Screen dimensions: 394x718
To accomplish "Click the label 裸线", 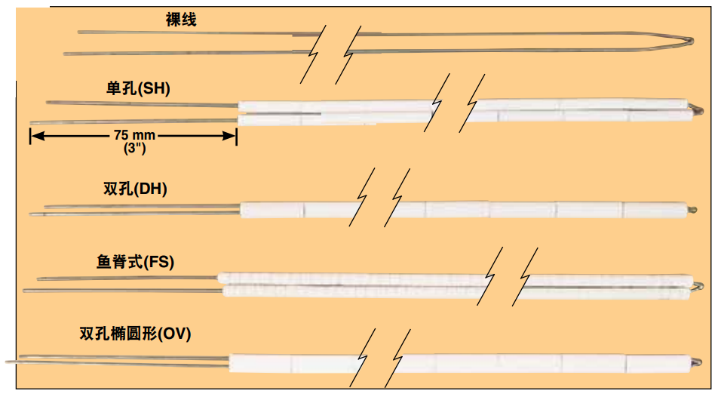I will pos(181,20).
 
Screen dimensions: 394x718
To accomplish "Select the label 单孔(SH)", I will pos(138,89).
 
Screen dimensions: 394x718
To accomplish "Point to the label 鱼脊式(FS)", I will pos(135,262).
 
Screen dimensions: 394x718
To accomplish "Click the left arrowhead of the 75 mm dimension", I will pos(35,137).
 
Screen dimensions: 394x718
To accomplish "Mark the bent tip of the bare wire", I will pos(690,42).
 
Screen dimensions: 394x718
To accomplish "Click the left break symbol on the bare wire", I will pos(315,53).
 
